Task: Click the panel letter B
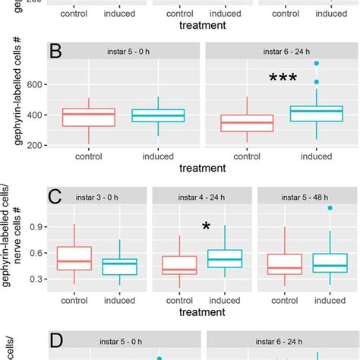tap(55, 54)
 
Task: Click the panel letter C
tap(55, 199)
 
